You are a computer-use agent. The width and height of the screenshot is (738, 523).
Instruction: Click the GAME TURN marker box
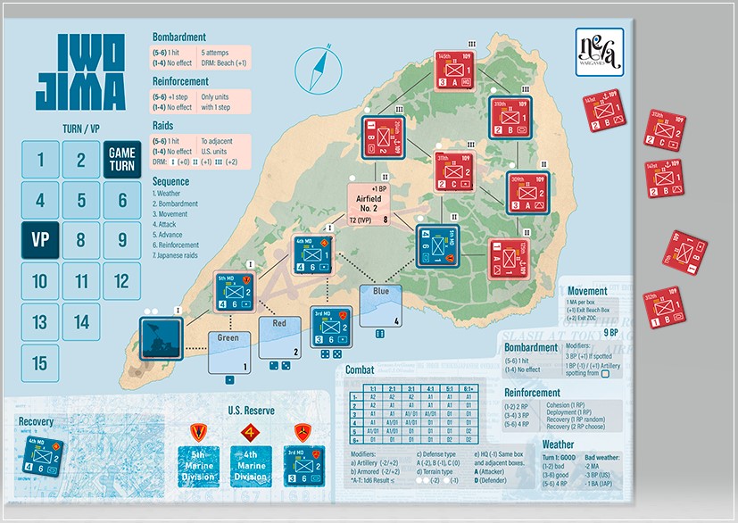(122, 161)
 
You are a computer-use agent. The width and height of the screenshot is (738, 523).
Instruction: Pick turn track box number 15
(39, 363)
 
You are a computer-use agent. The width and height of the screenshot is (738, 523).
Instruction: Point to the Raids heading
(167, 127)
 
